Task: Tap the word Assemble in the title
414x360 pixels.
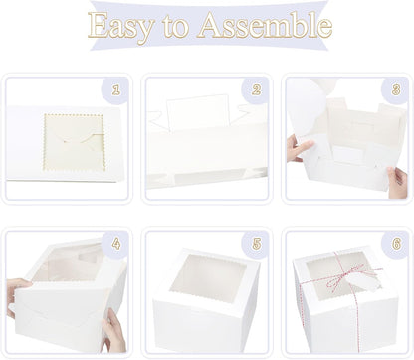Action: pyautogui.click(x=265, y=25)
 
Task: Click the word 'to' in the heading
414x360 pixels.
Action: pyautogui.click(x=175, y=27)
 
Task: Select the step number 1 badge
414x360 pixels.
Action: pyautogui.click(x=115, y=90)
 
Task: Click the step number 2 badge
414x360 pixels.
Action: pyautogui.click(x=256, y=90)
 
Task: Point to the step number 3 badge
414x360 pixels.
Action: pyautogui.click(x=396, y=90)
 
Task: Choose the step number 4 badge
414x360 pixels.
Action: pyautogui.click(x=115, y=244)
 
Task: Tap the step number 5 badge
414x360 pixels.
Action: pyautogui.click(x=256, y=244)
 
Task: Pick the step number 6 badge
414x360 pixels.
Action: pyautogui.click(x=396, y=244)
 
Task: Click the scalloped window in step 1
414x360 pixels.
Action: pyautogui.click(x=75, y=143)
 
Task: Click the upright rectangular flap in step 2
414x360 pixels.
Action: pyautogui.click(x=198, y=112)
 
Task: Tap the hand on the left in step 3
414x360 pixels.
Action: pyautogui.click(x=300, y=148)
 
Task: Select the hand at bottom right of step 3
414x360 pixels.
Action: pyautogui.click(x=397, y=182)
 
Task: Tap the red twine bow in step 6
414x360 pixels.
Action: pyautogui.click(x=345, y=275)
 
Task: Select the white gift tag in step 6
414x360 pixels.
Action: pyautogui.click(x=364, y=282)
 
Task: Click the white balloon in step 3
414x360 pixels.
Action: pyautogui.click(x=307, y=107)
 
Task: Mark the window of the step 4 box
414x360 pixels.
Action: pyautogui.click(x=68, y=263)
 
